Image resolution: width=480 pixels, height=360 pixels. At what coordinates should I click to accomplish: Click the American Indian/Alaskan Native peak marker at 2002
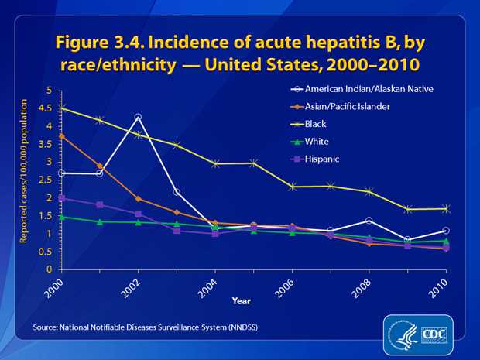click(138, 118)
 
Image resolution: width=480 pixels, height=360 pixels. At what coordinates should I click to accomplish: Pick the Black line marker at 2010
click(446, 208)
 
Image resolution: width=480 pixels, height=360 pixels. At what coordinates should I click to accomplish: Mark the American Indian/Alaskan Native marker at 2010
click(446, 231)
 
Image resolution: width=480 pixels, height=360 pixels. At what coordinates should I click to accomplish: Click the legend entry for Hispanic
click(332, 158)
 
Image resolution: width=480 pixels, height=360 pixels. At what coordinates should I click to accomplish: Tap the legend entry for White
click(327, 141)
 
